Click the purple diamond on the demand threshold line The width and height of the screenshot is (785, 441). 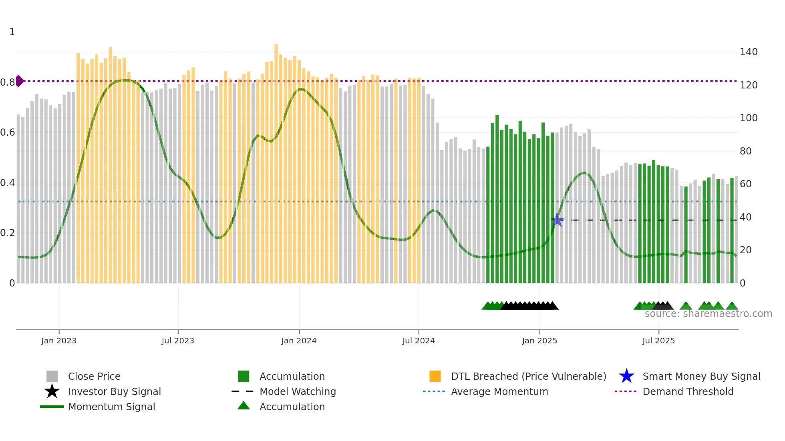(x=19, y=81)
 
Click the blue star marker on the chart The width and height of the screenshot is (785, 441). (x=557, y=220)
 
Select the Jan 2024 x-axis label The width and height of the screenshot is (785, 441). (x=299, y=341)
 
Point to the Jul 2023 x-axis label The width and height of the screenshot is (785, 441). (x=178, y=341)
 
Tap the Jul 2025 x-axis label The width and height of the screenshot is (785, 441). (x=658, y=341)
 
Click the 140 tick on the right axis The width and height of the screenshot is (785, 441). (x=748, y=52)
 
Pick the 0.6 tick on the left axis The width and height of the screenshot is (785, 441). (x=8, y=132)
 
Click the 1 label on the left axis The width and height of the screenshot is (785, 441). (x=12, y=32)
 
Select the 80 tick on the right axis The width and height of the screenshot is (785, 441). (x=745, y=151)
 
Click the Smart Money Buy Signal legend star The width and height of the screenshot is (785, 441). (x=626, y=376)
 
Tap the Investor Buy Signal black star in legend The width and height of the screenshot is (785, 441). (x=52, y=391)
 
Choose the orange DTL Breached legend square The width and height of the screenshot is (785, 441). (x=435, y=376)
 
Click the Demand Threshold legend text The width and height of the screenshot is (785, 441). (x=688, y=391)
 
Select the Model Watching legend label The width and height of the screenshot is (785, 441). (x=298, y=391)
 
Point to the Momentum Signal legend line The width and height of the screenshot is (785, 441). (x=52, y=407)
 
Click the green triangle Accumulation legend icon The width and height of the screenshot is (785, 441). (x=244, y=406)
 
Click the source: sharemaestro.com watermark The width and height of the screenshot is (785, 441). (x=708, y=314)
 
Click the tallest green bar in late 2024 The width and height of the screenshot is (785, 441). (x=497, y=200)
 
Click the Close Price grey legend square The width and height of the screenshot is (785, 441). (x=52, y=376)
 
